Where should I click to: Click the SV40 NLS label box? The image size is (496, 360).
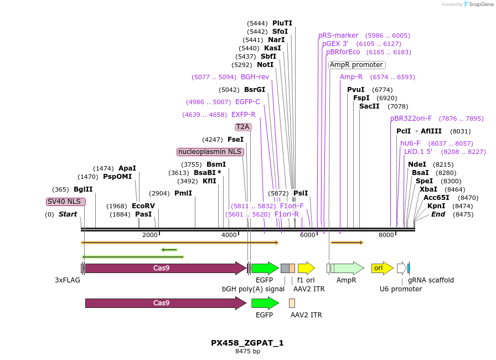pyautogui.click(x=66, y=202)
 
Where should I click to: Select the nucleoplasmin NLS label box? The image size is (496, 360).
pyautogui.click(x=210, y=152)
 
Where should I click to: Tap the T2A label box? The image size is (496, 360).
pyautogui.click(x=243, y=127)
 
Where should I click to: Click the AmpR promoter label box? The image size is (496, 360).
pyautogui.click(x=357, y=65)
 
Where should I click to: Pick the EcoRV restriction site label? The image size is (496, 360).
pyautogui.click(x=143, y=206)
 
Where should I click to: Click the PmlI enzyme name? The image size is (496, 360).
pyautogui.click(x=183, y=193)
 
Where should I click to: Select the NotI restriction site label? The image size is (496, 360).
pyautogui.click(x=265, y=65)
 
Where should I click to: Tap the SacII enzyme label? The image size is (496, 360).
pyautogui.click(x=369, y=106)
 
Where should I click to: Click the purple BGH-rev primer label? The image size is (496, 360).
pyautogui.click(x=255, y=77)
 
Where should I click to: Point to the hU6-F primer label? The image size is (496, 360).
pyautogui.click(x=410, y=143)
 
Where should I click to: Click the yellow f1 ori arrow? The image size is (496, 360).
pyautogui.click(x=306, y=268)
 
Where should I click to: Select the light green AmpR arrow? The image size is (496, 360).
pyautogui.click(x=347, y=268)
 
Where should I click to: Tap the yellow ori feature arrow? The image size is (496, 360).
pyautogui.click(x=382, y=268)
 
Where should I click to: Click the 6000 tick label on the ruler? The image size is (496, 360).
pyautogui.click(x=307, y=235)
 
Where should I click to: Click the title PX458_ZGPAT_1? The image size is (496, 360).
pyautogui.click(x=247, y=343)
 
